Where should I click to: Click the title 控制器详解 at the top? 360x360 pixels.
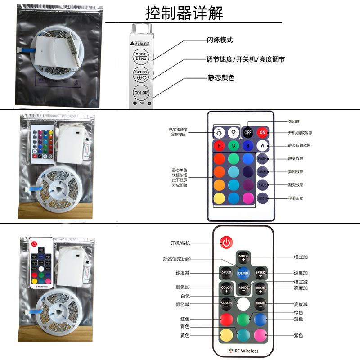(184, 13)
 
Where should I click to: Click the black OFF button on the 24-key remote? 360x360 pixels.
(247, 132)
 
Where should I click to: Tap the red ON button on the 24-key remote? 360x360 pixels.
(262, 132)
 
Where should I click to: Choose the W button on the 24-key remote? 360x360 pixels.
(262, 145)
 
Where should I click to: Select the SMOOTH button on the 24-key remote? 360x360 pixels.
(263, 198)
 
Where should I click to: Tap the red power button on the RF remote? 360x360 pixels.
(226, 243)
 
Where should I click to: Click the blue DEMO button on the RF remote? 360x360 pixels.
(243, 273)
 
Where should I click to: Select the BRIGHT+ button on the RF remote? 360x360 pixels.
(261, 288)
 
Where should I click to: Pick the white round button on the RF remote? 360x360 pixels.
(243, 303)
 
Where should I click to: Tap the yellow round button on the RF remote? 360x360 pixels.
(226, 335)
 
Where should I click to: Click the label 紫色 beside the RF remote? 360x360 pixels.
(298, 335)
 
